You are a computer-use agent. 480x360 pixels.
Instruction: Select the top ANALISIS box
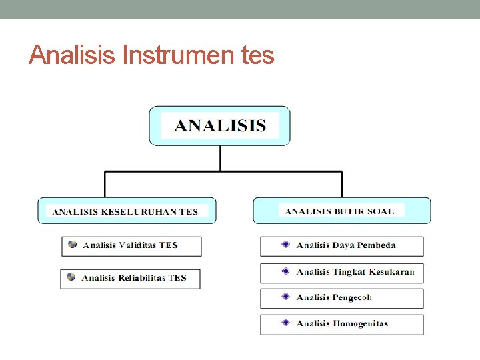pos(219,125)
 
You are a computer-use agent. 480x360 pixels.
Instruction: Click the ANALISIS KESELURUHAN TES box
pos(127,211)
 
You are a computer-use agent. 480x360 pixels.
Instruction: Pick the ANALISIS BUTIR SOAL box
pos(341,211)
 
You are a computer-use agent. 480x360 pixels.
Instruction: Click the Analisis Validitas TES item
pos(131,245)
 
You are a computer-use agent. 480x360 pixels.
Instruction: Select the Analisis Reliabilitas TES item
pos(131,278)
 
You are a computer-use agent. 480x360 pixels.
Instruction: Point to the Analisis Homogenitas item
pos(341,323)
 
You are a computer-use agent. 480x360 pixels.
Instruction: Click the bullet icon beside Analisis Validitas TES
pos(72,245)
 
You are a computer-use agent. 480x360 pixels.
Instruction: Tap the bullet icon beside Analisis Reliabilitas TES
pos(71,277)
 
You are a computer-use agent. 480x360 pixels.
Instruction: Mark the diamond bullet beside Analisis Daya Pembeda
pos(285,245)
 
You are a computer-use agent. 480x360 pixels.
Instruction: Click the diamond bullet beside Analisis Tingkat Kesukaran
pos(285,271)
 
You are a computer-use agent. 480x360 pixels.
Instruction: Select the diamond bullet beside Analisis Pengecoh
pos(285,297)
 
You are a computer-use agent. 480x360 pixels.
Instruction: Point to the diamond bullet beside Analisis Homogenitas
pos(285,323)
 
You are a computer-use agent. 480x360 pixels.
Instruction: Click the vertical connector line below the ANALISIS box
pos(220,158)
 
